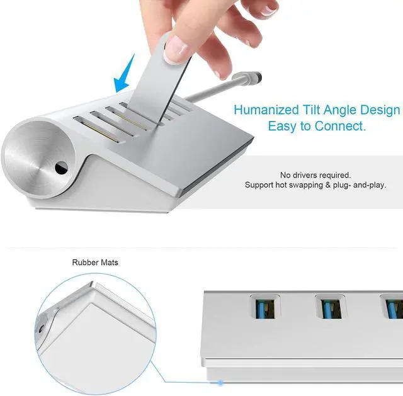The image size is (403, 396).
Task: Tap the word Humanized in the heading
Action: [266, 110]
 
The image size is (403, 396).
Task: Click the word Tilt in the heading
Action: [311, 110]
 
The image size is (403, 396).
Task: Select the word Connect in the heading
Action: [339, 126]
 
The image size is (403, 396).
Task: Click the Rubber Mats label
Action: [95, 263]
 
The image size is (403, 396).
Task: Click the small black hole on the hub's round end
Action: [61, 168]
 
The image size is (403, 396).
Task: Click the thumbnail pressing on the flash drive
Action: [176, 49]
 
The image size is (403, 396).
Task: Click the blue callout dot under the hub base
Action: [220, 383]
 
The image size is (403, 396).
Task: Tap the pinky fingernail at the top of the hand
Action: [269, 10]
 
